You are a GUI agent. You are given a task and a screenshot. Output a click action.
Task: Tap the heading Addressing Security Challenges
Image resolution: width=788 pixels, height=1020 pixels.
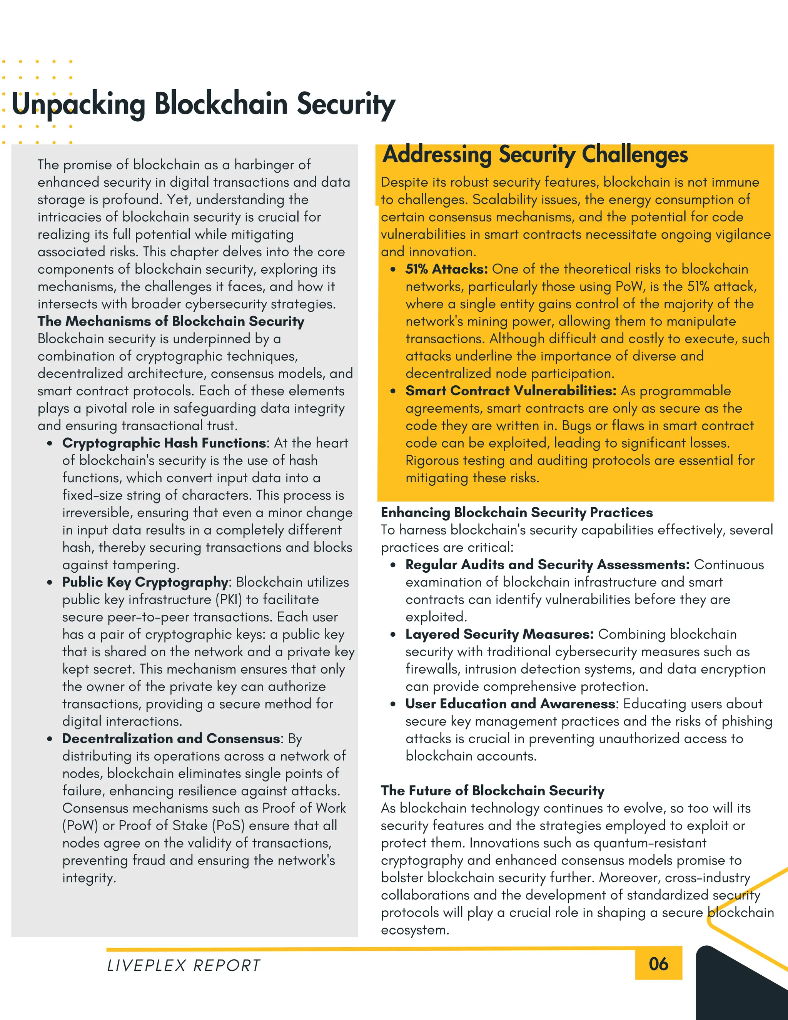(x=534, y=155)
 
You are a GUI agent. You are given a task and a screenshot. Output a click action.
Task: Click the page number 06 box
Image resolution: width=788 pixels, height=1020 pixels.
(x=658, y=964)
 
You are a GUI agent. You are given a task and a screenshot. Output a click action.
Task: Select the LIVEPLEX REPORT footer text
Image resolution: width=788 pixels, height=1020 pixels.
(x=184, y=965)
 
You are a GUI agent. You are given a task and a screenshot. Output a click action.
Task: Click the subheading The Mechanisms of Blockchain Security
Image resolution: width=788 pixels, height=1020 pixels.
(x=171, y=321)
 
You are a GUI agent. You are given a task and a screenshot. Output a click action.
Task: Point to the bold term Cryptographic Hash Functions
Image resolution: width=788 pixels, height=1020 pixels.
(x=164, y=443)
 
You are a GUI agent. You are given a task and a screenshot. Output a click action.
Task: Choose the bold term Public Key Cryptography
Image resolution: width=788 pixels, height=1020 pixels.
(x=145, y=582)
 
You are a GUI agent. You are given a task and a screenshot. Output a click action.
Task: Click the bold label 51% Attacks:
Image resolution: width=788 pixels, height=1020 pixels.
(x=446, y=269)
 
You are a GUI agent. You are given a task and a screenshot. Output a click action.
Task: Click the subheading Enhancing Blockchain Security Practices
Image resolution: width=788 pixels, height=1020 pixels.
(x=517, y=512)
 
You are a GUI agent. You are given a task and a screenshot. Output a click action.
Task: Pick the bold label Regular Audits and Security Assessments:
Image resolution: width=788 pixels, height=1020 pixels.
(x=547, y=565)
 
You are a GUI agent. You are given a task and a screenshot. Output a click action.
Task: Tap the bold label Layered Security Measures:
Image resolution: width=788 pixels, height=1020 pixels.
(x=499, y=634)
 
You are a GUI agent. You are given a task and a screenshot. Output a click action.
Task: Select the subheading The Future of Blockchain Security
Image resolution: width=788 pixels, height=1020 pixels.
(x=492, y=791)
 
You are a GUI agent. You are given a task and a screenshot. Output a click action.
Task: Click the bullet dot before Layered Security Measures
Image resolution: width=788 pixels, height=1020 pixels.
(x=394, y=635)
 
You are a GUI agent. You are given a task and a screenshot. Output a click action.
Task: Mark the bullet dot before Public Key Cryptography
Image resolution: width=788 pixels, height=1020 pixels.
(x=50, y=582)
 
